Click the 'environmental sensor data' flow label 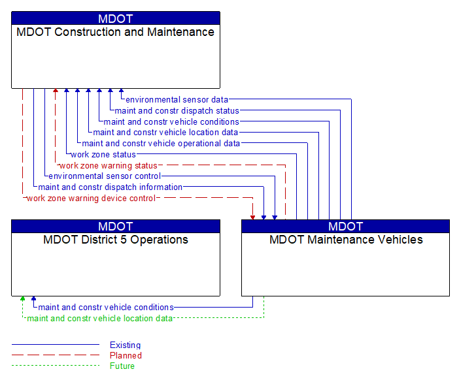coord(177,100)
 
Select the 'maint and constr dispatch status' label coord(177,111)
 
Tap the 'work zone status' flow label coord(103,155)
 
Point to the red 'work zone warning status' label coord(108,166)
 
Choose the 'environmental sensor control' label coord(105,176)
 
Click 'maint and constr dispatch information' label coord(110,187)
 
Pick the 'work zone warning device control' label coord(91,199)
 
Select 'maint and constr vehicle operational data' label coord(161,144)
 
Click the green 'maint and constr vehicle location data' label coord(99,319)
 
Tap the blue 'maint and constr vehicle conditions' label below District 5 coord(106,308)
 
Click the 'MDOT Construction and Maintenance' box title coord(115,32)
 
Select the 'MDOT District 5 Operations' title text coord(116,240)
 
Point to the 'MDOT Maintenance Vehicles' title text coord(346,240)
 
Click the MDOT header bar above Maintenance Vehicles coord(346,227)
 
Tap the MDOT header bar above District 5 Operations coord(116,227)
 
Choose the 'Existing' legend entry coord(125,345)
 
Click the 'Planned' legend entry coord(126,356)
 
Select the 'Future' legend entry coord(122,366)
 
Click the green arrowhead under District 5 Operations coord(23,299)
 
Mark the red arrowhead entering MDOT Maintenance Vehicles coord(253,216)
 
